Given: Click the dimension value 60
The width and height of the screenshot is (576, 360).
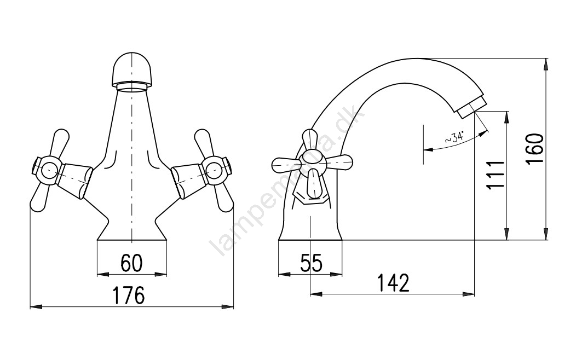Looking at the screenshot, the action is coord(131,263).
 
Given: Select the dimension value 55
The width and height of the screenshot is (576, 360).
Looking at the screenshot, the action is coord(311,263).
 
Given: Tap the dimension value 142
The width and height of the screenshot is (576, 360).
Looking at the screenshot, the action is coord(393,282).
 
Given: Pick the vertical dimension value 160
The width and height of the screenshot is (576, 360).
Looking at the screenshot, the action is coord(534,149).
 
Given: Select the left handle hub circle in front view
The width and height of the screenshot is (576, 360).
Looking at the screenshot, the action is coord(49,170).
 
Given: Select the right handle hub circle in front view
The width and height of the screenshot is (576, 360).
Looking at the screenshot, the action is coord(214,169).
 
